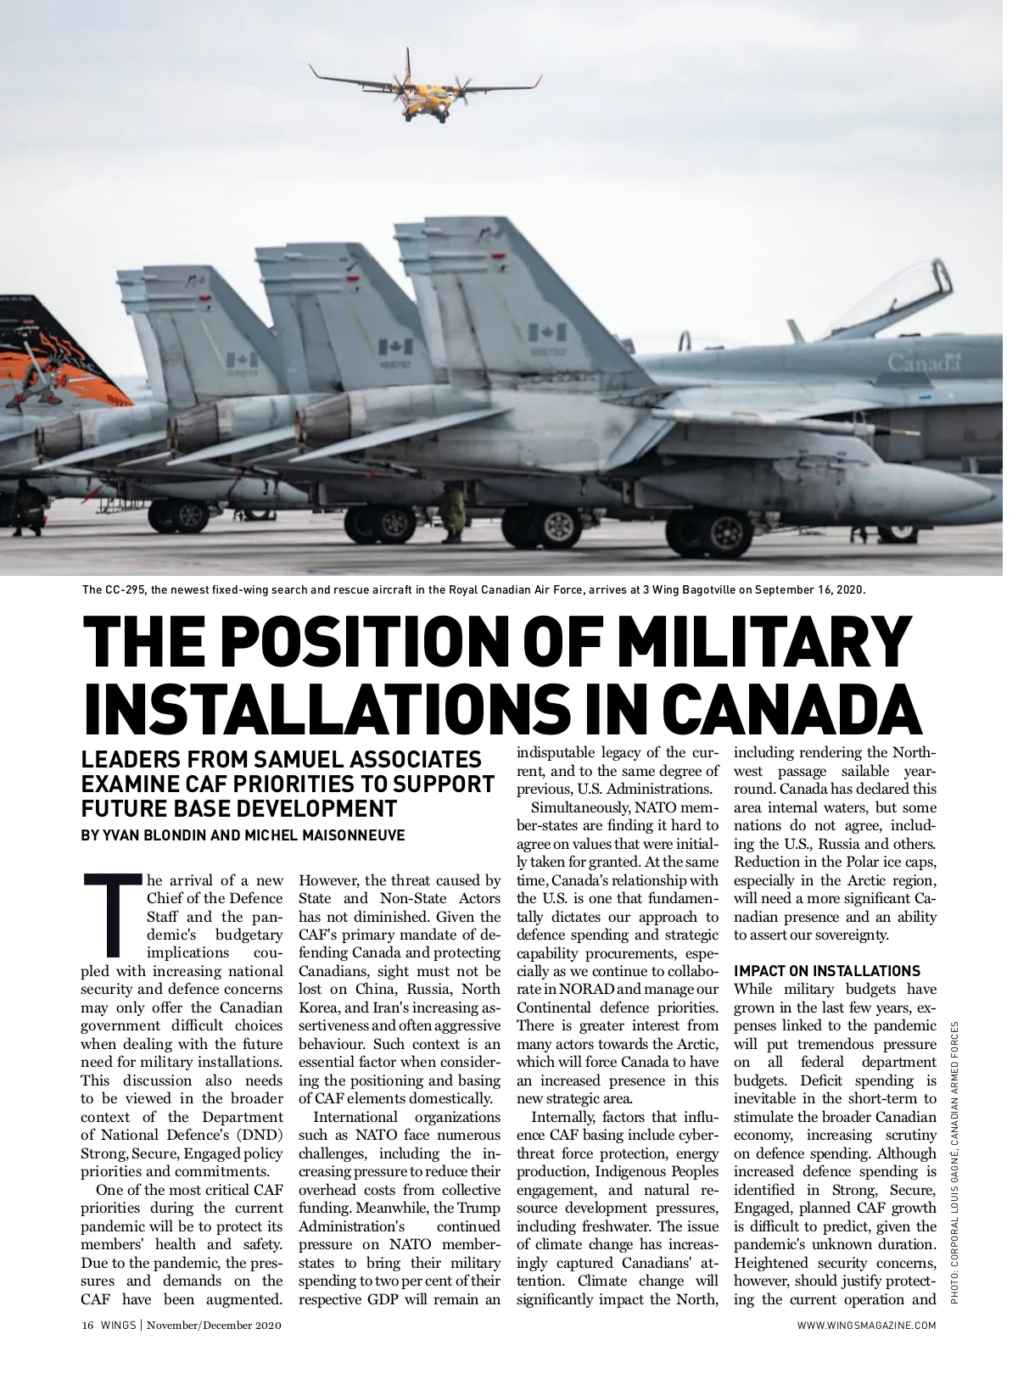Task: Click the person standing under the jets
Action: coord(455,511)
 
